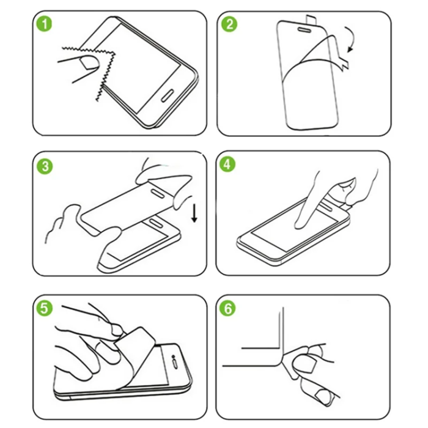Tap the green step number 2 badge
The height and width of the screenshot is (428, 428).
(x=231, y=26)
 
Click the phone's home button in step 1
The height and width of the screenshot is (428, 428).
(x=168, y=96)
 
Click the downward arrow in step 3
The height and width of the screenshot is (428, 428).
(x=194, y=213)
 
